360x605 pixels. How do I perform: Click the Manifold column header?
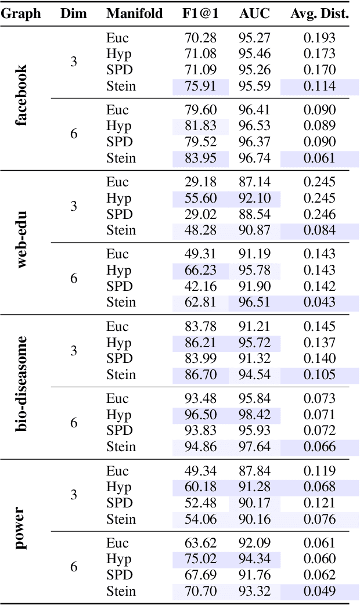[134, 14]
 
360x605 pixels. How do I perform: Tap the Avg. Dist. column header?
[319, 14]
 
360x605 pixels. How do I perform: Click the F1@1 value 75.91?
[200, 87]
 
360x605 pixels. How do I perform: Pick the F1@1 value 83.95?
[200, 158]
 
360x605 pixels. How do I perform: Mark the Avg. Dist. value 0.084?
[319, 231]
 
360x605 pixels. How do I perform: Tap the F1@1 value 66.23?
[200, 270]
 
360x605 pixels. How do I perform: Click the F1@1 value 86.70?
[200, 375]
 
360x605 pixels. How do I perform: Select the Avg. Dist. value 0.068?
[319, 487]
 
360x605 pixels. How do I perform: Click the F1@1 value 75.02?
[200, 559]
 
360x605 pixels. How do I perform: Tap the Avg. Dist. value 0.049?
[319, 592]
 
